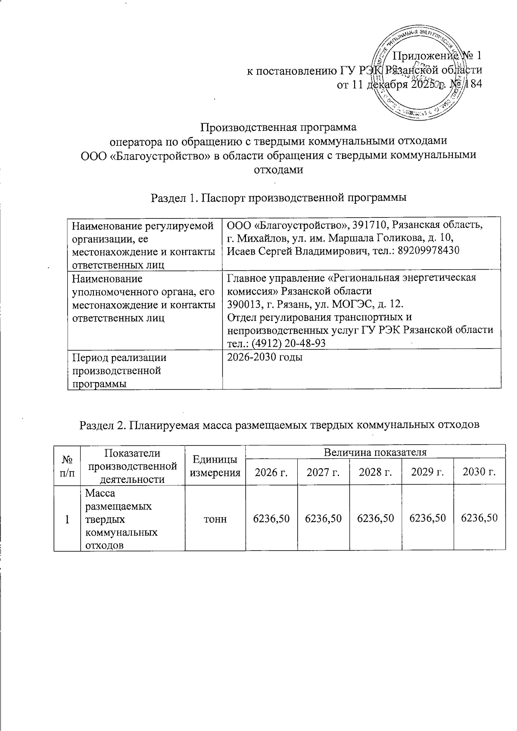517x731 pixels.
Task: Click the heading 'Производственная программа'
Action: click(x=279, y=128)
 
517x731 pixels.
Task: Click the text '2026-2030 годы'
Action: click(x=265, y=357)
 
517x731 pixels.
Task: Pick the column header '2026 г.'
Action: click(x=271, y=473)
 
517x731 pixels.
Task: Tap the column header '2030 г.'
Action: click(x=479, y=473)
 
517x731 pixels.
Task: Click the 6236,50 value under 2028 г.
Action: click(x=375, y=518)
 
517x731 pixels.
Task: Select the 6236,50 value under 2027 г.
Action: click(x=323, y=518)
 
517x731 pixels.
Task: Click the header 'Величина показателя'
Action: click(x=375, y=452)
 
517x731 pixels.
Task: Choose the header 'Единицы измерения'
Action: click(x=215, y=466)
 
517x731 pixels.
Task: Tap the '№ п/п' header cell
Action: click(x=67, y=466)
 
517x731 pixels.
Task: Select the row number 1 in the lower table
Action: click(x=67, y=519)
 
